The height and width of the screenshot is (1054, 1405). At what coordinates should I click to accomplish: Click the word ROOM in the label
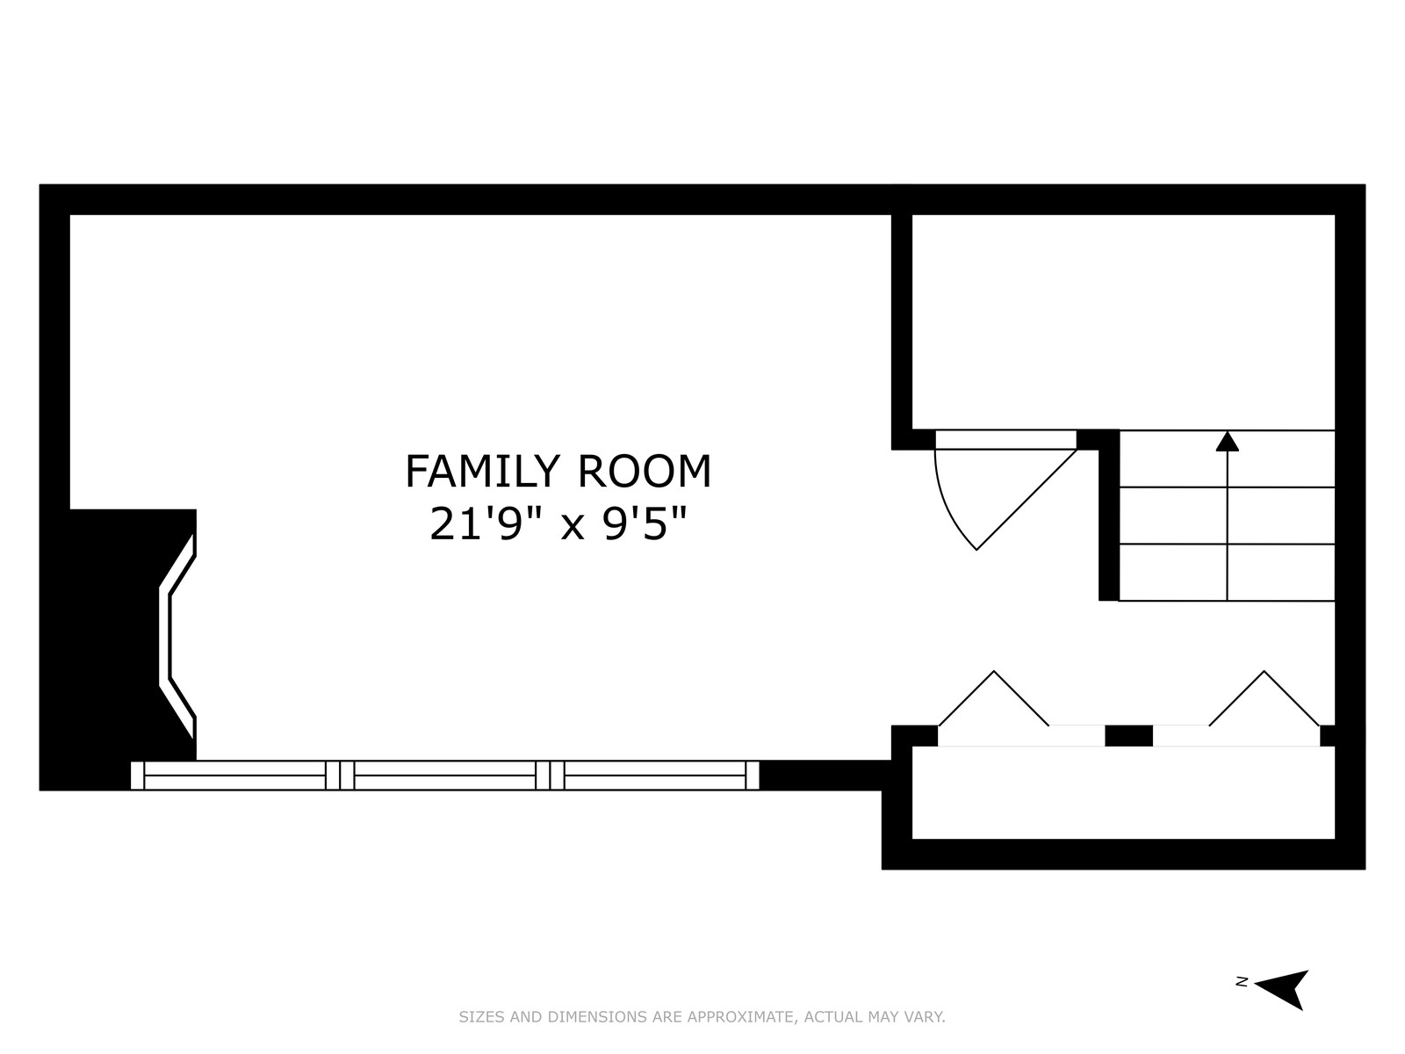click(645, 472)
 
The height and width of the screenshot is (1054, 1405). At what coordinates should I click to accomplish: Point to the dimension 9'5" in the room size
click(645, 523)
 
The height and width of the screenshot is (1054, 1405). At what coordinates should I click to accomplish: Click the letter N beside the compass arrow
click(1242, 999)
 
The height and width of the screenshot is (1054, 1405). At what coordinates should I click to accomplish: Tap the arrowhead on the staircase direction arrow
click(1227, 442)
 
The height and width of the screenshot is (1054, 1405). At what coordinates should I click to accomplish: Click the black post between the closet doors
click(1128, 735)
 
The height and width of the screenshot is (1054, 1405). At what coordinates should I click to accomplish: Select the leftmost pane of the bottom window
click(235, 775)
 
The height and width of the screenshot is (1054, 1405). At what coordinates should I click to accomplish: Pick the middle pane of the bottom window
click(445, 775)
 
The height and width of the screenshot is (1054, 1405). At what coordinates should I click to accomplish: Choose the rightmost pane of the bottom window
click(655, 775)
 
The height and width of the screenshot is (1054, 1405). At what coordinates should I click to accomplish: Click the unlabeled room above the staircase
click(1123, 321)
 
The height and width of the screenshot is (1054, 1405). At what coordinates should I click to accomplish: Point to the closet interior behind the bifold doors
click(1123, 792)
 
